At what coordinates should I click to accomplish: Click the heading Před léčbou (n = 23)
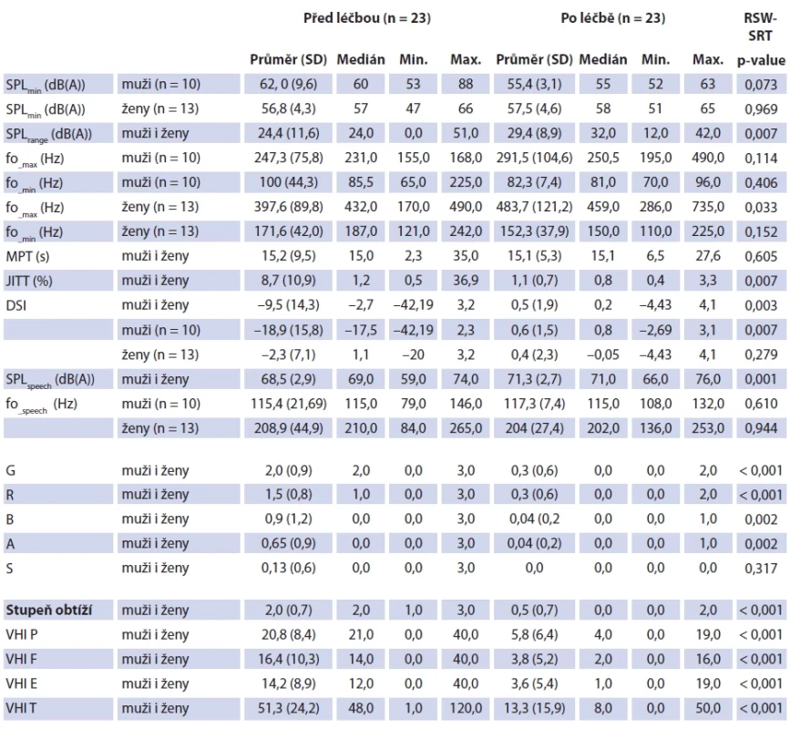(367, 18)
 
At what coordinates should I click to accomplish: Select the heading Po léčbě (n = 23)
(613, 18)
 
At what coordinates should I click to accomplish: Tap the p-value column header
(761, 60)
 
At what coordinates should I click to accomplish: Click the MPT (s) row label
(27, 256)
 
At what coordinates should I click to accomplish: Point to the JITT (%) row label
(29, 281)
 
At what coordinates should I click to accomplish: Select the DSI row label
(16, 305)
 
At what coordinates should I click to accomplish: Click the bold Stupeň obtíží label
(49, 611)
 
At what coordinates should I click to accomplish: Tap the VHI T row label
(21, 708)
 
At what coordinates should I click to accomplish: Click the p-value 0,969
(761, 108)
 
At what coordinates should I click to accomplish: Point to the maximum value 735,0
(708, 207)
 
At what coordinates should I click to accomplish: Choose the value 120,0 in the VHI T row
(466, 708)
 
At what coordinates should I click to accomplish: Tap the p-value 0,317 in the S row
(761, 569)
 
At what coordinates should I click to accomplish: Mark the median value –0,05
(603, 354)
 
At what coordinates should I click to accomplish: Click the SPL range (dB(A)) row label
(49, 135)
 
